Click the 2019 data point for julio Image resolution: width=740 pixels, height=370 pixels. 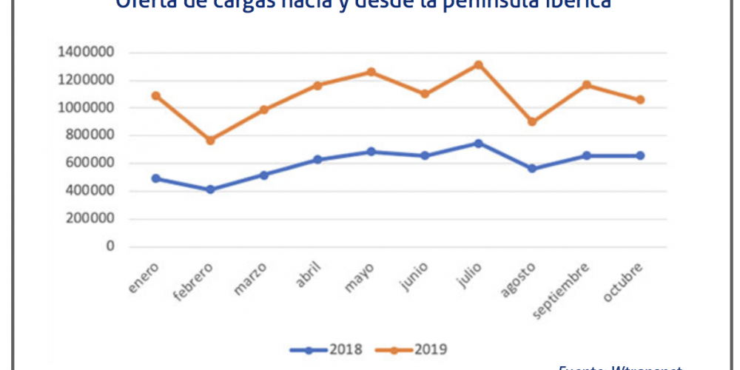(x=479, y=65)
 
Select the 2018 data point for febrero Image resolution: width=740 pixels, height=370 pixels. (x=210, y=189)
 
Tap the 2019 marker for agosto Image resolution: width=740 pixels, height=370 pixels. (x=533, y=121)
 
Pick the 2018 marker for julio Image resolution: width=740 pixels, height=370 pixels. (x=479, y=144)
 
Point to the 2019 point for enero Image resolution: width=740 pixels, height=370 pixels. (x=156, y=95)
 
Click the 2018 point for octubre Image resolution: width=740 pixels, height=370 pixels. (x=640, y=155)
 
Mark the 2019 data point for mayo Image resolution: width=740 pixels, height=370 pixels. (x=371, y=72)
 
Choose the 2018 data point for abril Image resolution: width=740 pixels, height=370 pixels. (x=317, y=160)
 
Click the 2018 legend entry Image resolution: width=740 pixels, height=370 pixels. (x=326, y=348)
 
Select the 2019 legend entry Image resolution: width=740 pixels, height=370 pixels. (x=411, y=348)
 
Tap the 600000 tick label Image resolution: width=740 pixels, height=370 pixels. (x=89, y=164)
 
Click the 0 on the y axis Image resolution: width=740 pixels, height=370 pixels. (x=109, y=246)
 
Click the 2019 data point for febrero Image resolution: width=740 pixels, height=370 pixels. (x=210, y=140)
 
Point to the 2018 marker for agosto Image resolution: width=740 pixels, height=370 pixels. (x=533, y=168)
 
